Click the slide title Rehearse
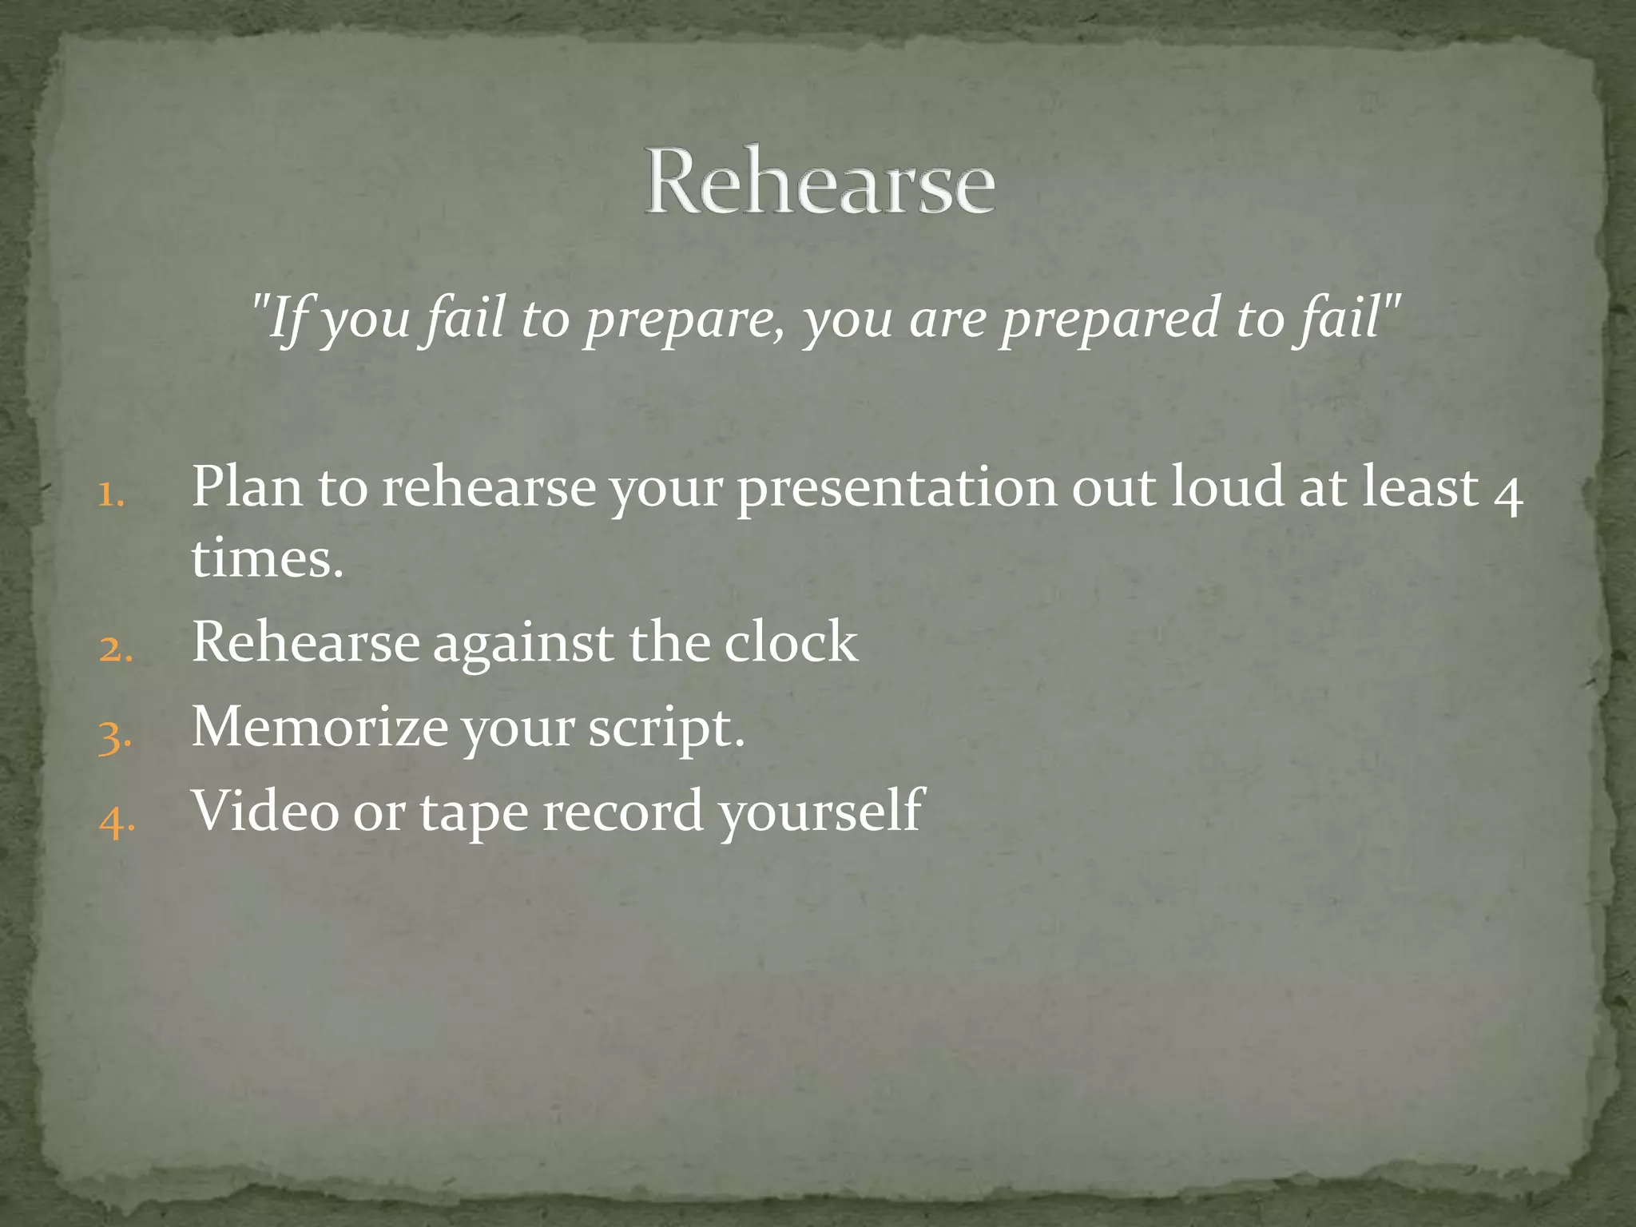coord(820,181)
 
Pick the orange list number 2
coord(115,650)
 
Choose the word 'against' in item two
coord(523,644)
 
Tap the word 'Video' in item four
coord(266,811)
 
